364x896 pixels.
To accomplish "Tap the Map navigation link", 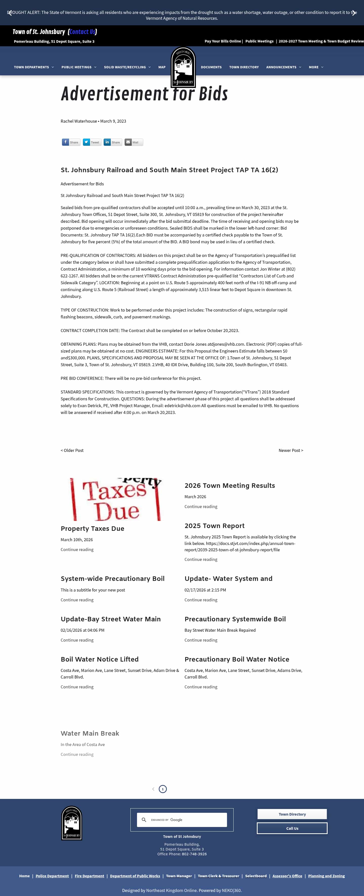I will [162, 67].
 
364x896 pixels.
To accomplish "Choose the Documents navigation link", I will [211, 67].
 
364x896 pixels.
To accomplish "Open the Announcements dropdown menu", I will [283, 67].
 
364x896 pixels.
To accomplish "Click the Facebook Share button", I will [71, 142].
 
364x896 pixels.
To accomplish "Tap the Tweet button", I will [92, 142].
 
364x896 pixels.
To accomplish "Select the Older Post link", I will [72, 450].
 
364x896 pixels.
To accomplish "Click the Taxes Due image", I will [116, 499].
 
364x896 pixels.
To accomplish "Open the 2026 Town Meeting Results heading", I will [230, 486].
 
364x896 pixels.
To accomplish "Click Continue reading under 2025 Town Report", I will [201, 559].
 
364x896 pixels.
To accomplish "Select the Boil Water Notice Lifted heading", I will [99, 659].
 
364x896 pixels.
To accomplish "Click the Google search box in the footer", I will [186, 820].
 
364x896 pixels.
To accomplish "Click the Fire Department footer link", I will [89, 876].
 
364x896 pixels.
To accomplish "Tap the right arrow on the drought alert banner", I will [354, 13].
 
